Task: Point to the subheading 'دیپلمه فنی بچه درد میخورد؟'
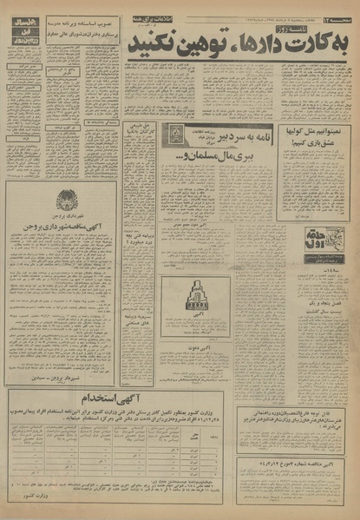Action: click(139, 237)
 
